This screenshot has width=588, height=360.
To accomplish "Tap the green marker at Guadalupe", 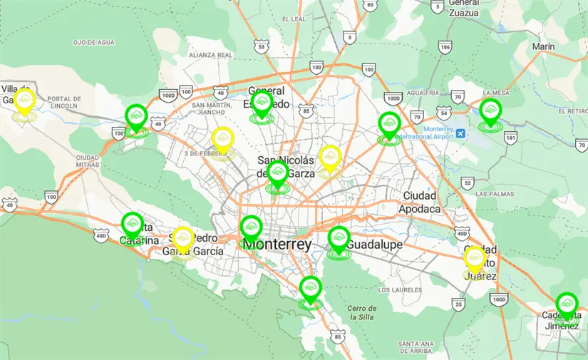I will click(x=339, y=238).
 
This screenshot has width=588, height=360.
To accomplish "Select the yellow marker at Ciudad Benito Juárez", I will click(x=475, y=258).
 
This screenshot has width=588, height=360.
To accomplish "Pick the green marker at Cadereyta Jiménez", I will click(x=567, y=304).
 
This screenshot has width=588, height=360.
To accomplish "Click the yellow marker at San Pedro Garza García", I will click(x=183, y=239).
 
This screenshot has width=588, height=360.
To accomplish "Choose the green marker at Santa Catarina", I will click(x=132, y=225).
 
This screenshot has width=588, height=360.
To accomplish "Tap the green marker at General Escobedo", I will click(x=262, y=103).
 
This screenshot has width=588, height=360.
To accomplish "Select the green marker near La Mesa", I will click(x=490, y=110).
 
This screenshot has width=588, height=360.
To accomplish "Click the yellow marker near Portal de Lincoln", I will click(x=25, y=100).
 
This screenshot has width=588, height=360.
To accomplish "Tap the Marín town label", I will click(x=543, y=47).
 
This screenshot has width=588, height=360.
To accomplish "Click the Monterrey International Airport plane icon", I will click(x=461, y=133).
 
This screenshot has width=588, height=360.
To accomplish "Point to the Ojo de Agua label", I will click(x=93, y=43).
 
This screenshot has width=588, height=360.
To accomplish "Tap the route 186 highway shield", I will click(x=445, y=48).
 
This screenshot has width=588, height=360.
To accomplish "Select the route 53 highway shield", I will click(x=262, y=47).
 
